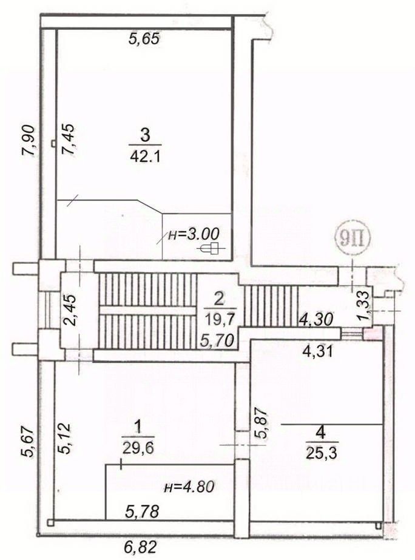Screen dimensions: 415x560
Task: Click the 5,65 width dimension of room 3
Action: pyautogui.click(x=144, y=38)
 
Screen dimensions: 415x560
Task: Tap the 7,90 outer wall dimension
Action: pyautogui.click(x=29, y=140)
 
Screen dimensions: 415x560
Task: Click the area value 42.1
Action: pyautogui.click(x=145, y=156)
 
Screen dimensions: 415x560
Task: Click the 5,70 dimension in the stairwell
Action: pyautogui.click(x=217, y=340)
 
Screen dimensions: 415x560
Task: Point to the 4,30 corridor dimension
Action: pyautogui.click(x=317, y=318)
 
